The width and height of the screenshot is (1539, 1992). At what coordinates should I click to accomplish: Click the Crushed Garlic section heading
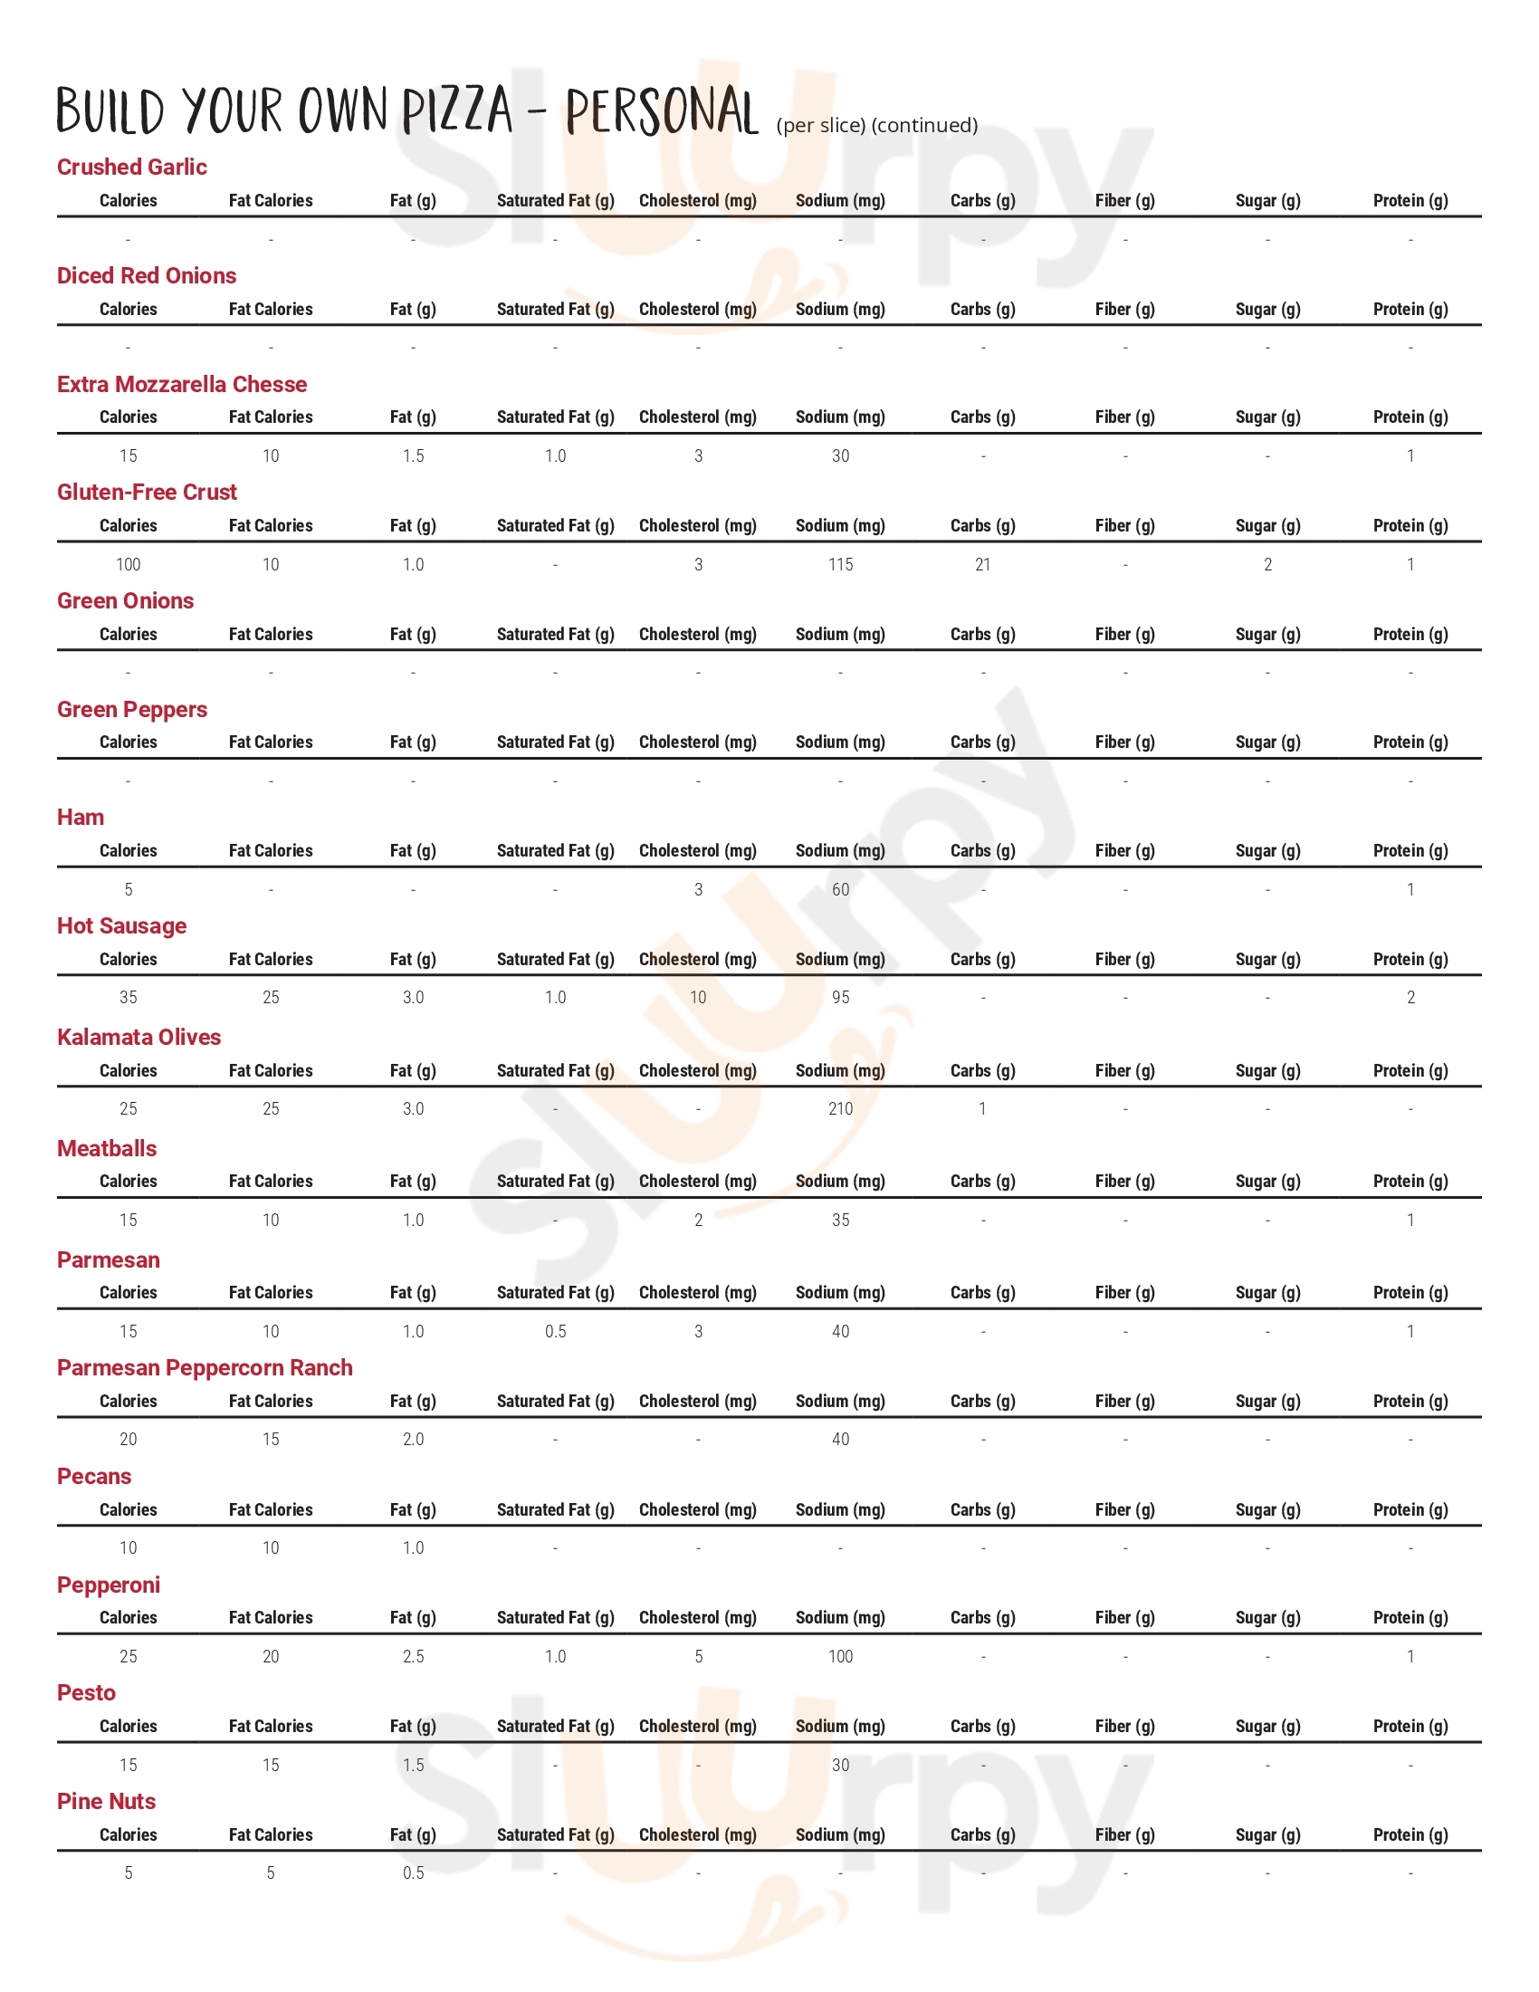131,167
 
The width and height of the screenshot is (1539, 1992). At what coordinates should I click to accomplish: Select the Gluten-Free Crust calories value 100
129,565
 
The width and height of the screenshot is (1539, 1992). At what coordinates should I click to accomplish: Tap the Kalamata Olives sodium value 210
840,1109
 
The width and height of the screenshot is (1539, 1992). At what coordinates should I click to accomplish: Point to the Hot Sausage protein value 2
1410,998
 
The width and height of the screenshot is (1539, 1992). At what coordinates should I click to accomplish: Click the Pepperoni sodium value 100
840,1656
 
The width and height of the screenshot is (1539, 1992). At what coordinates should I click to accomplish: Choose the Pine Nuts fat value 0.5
413,1873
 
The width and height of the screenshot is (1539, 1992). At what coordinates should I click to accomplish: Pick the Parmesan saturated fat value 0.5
555,1332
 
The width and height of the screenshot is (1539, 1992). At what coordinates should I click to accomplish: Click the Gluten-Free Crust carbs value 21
982,565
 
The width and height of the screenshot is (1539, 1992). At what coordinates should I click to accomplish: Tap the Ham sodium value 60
840,889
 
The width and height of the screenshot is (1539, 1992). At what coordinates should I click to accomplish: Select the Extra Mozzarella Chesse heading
181,384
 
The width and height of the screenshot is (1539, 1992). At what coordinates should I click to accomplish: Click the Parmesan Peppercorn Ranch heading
205,1368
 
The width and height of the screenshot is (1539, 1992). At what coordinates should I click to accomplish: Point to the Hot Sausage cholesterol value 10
697,998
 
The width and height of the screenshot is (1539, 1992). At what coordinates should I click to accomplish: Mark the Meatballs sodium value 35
840,1221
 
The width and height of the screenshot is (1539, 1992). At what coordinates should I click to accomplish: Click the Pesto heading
86,1693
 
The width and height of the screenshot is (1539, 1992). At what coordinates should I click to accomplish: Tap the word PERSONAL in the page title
661,111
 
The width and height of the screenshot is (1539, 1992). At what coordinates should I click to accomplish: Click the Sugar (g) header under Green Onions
1267,634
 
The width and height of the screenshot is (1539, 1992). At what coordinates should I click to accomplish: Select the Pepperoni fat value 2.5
413,1656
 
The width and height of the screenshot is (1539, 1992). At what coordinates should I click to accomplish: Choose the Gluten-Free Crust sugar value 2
1267,565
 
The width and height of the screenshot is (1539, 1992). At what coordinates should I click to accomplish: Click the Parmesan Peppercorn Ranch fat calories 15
271,1440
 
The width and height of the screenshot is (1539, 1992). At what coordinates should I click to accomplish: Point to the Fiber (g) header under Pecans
1124,1509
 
